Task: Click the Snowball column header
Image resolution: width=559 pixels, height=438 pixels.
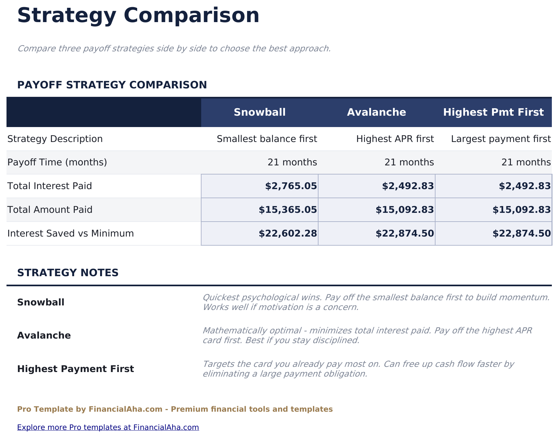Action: [x=260, y=112]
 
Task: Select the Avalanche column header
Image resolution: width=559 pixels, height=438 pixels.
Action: [x=376, y=112]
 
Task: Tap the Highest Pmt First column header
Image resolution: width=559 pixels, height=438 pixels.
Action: [x=493, y=112]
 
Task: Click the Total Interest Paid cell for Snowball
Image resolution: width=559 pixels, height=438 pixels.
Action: [x=291, y=186]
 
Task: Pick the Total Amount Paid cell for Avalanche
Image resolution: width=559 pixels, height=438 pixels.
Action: [x=405, y=210]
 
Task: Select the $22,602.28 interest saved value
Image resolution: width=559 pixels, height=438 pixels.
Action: [x=288, y=234]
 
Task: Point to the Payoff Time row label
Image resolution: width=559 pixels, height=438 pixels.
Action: [x=57, y=162]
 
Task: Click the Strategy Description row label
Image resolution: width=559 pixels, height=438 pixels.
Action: [x=55, y=139]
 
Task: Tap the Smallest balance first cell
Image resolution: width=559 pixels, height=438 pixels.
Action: [x=267, y=139]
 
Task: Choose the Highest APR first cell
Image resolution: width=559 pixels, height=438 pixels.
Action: [x=395, y=139]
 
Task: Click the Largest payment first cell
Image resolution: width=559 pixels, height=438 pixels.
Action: [x=501, y=139]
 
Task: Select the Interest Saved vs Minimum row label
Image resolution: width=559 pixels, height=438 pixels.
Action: [x=71, y=234]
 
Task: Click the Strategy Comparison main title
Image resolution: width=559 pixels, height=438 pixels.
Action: [x=138, y=16]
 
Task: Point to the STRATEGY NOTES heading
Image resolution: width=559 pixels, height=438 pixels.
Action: [x=68, y=273]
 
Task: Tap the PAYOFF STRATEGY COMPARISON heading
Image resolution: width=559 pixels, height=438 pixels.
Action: [x=112, y=85]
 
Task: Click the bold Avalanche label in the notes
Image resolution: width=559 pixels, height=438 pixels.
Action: [x=44, y=336]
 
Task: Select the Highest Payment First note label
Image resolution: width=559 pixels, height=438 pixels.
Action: [x=75, y=369]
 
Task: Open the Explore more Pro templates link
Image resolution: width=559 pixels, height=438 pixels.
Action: [x=108, y=427]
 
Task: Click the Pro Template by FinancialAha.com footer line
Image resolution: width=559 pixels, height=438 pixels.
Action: [x=175, y=409]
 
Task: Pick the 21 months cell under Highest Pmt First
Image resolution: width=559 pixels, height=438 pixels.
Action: [x=526, y=162]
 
